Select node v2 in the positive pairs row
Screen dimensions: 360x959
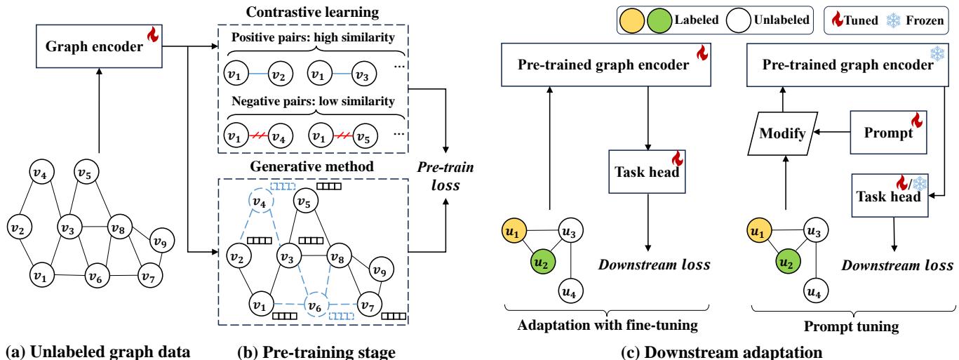[x=281, y=73]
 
